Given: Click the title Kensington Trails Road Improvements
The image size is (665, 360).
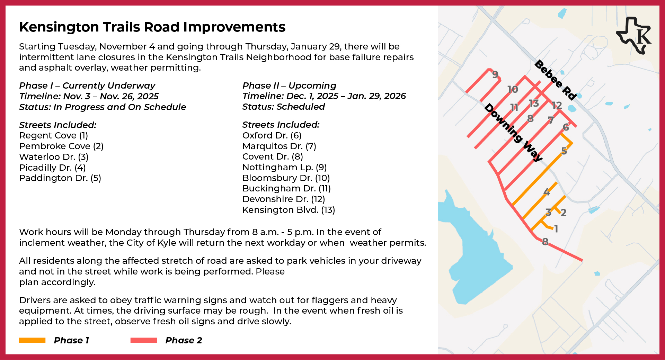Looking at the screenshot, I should pos(152,27).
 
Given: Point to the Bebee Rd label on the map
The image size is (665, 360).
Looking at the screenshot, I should pos(556,80).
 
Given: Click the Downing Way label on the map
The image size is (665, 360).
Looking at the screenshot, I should pos(513,132).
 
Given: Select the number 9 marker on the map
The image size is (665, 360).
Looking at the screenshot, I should pos(495,74).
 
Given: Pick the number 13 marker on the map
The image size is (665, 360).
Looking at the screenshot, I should pos(534,103).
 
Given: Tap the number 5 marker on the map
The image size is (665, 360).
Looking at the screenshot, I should pos(564,151).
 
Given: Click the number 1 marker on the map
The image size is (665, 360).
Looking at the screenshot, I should pos(556,229).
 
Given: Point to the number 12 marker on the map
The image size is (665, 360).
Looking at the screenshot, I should pos(557,105).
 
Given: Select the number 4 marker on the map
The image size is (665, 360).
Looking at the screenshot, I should pos(547,192).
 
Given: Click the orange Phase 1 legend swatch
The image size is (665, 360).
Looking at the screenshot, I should pos(32,340).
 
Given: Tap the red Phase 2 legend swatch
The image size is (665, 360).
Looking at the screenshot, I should pos(144,340).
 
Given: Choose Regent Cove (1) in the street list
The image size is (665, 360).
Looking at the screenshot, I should pos(54,135).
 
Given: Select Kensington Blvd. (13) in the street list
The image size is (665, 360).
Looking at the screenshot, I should pos(289,210).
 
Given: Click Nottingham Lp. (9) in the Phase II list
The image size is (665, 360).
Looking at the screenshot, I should pos(284,167).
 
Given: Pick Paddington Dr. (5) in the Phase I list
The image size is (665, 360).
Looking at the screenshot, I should pos(60,178).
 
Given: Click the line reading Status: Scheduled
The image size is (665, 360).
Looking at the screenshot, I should pos(283,107).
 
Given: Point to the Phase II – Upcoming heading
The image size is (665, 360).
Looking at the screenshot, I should pos(289,85).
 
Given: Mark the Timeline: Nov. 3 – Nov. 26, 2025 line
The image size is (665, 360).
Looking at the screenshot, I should pos(89,96).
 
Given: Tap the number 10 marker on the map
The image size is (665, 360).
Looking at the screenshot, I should pos(513,90).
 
